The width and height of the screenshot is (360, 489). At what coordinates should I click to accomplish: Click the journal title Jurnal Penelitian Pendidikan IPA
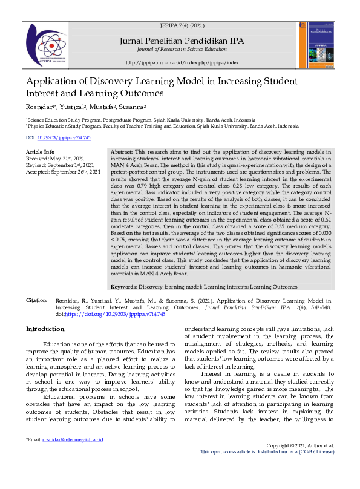[182, 40]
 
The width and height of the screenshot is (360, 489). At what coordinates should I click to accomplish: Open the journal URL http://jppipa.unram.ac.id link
[182, 63]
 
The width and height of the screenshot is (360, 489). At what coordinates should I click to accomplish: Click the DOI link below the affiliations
[58, 138]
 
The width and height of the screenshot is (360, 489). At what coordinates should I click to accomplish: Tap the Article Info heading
[41, 151]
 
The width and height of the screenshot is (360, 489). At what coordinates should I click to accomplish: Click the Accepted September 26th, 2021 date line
[63, 172]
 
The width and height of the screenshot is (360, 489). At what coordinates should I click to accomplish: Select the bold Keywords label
[124, 286]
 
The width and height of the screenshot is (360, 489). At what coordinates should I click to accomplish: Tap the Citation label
[36, 300]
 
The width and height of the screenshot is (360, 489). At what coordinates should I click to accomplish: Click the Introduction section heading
[45, 329]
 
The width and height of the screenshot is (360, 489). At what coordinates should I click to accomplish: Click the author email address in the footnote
[73, 456]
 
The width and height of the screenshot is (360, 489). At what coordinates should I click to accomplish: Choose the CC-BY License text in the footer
[318, 468]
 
